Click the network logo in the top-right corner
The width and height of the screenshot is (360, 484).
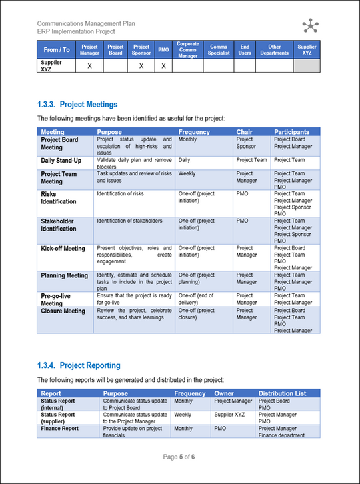point(310,26)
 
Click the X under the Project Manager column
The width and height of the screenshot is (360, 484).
point(89,66)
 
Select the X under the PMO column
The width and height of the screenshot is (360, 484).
point(163,66)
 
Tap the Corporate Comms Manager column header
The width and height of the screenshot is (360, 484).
point(188,50)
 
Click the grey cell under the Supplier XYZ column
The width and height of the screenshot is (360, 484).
point(307,66)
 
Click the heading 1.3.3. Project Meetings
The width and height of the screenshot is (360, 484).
point(78,104)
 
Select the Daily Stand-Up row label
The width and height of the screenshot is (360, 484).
point(62,161)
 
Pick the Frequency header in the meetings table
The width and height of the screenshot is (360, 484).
point(194,132)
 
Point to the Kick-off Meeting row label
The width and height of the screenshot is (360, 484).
point(63,249)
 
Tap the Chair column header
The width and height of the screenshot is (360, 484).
point(244,132)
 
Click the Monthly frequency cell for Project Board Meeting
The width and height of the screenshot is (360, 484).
point(188,140)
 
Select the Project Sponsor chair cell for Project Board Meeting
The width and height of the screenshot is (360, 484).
point(246,143)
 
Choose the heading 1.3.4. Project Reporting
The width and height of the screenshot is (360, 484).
point(79,365)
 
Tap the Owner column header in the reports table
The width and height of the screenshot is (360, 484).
point(224,393)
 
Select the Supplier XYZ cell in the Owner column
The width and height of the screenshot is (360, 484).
point(231,415)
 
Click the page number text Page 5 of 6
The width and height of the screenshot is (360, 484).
point(180,457)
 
